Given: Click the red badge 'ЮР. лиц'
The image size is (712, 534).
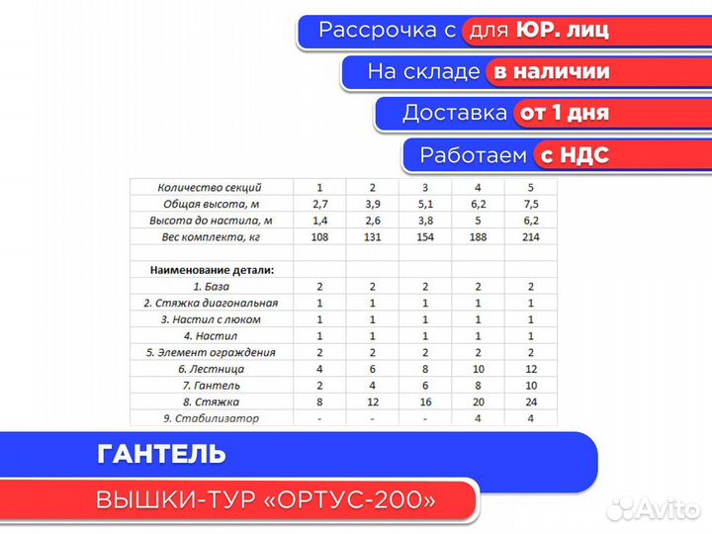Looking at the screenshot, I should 561,31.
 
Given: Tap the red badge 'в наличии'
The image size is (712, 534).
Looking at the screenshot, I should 551,71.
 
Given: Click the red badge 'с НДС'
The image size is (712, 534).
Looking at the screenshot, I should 572,155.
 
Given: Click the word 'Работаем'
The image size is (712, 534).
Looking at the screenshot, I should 472,155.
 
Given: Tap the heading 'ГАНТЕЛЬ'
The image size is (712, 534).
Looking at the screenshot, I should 162,454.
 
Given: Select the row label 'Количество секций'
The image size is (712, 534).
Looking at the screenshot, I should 210,187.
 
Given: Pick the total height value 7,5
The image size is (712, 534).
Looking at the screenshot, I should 530,204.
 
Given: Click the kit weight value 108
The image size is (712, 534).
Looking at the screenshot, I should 319,236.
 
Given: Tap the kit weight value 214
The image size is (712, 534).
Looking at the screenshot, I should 530,236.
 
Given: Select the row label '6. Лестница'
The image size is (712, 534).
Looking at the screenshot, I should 210,369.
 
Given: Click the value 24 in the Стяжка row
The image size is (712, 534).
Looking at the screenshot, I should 530,401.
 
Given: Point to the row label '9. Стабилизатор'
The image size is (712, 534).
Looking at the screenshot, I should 210,418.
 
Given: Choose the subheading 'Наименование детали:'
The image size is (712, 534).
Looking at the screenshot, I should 212,269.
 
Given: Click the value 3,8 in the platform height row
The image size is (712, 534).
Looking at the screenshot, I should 425,220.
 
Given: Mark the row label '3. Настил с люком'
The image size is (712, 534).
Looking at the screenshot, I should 210,319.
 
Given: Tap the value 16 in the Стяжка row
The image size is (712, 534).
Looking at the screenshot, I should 425,401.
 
